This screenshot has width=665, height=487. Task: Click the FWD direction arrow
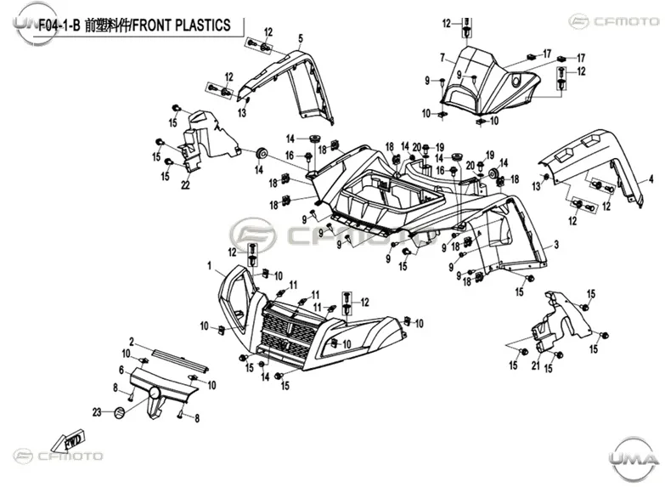click(69, 441)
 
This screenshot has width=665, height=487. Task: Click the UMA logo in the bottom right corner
click(634, 458)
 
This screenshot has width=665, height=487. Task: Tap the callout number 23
click(97, 412)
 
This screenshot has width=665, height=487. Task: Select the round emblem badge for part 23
click(120, 412)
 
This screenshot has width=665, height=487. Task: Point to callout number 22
click(185, 184)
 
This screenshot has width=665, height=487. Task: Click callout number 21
click(536, 365)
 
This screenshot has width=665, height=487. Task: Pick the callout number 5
click(301, 38)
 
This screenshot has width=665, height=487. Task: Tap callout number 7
click(442, 57)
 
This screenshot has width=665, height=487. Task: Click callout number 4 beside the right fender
click(651, 179)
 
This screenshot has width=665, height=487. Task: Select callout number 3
click(556, 244)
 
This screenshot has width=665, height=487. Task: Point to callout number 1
click(209, 266)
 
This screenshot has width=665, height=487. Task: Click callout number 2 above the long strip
click(132, 342)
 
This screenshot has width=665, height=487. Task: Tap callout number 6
click(121, 371)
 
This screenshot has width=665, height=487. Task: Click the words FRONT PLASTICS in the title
click(182, 25)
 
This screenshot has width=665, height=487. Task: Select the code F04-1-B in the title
click(59, 25)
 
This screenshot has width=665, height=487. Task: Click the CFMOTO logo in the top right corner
click(614, 20)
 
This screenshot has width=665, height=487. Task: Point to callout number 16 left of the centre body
click(290, 156)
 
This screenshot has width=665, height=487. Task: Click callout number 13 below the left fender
click(242, 113)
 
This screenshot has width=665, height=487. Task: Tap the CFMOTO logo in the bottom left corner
click(58, 456)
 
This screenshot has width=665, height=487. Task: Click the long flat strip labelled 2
click(180, 360)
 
